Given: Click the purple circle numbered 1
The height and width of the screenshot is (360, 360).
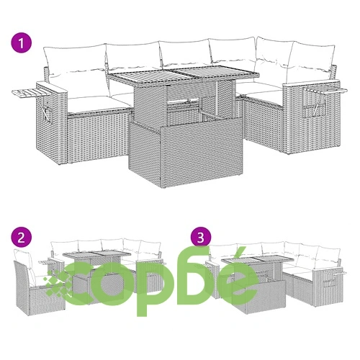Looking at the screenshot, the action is click(x=22, y=43).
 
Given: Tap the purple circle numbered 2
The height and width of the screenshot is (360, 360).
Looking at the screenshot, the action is click(x=22, y=238).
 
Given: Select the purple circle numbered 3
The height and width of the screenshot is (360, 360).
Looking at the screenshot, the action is click(x=201, y=238).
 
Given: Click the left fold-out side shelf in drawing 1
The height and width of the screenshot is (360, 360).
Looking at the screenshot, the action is click(x=31, y=92).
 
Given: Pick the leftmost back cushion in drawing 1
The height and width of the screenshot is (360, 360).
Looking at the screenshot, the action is click(x=75, y=60).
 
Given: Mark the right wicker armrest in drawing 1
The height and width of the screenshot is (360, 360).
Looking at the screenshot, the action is click(x=312, y=117).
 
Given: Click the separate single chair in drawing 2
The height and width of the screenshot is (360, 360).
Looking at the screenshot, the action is click(x=37, y=282).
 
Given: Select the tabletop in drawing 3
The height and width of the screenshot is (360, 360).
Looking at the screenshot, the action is click(x=257, y=259).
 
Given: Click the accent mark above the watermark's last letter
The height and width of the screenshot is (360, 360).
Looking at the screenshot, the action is click(x=240, y=255).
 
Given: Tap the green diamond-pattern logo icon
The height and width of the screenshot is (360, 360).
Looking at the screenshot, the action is click(x=58, y=282).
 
